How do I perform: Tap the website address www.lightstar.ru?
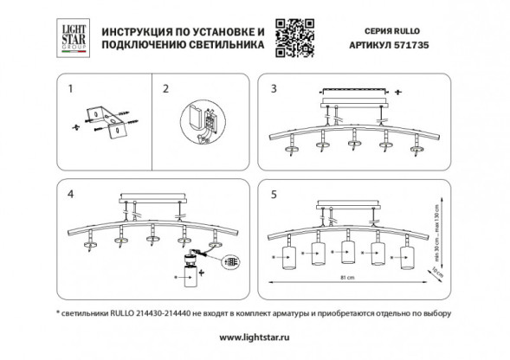click(x=254, y=335)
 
